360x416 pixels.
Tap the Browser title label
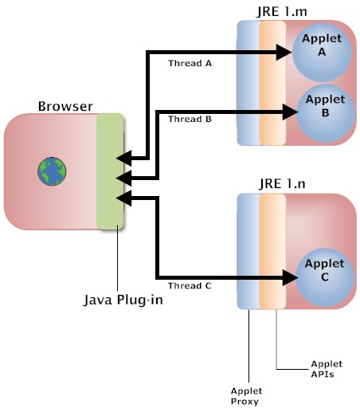(65, 106)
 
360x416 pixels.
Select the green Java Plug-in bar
(110, 171)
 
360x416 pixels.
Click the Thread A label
(190, 63)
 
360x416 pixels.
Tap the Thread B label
(190, 120)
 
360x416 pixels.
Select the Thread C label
(190, 285)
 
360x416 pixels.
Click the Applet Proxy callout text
(246, 397)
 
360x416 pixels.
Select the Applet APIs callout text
(325, 368)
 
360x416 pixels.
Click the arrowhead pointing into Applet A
(285, 53)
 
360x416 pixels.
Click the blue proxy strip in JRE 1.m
(248, 83)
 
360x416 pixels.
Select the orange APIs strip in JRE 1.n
(272, 251)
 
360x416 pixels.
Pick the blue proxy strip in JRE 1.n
(248, 251)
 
